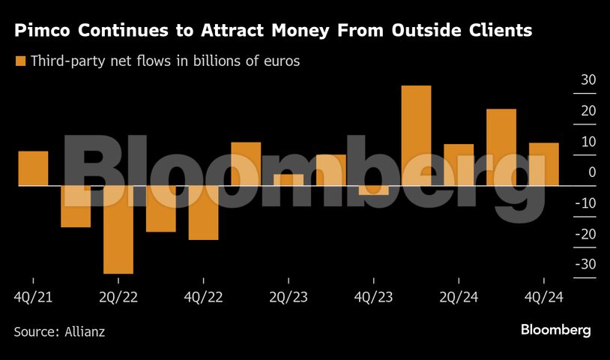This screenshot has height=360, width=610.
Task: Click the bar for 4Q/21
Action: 33,168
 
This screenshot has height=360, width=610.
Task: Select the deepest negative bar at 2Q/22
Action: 118,229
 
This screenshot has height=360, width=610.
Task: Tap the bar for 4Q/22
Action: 203,213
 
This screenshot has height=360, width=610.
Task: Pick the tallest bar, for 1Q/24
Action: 416,136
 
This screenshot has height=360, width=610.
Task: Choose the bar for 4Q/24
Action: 543,164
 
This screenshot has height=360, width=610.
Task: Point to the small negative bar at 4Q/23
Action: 373,190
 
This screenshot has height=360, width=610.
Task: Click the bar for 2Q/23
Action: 289,180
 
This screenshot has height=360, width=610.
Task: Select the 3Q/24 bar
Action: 501,148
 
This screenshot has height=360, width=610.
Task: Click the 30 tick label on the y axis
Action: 588,80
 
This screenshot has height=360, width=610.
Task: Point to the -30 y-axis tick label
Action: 585,265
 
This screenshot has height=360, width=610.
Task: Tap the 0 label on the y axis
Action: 592,172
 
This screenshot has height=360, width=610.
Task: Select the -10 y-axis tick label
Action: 585,203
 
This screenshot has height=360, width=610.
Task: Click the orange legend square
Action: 21,61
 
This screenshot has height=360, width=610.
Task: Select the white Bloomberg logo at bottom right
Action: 555,330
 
